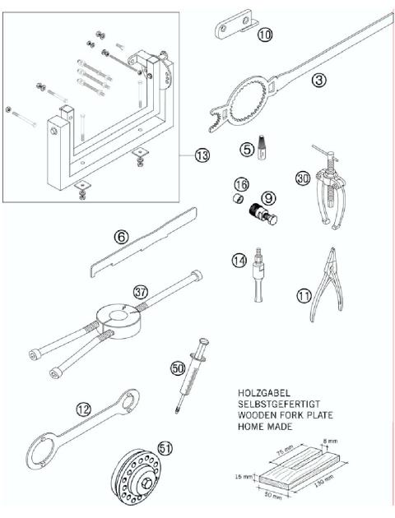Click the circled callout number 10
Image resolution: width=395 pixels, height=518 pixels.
263,35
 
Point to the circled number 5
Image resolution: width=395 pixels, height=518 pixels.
245,150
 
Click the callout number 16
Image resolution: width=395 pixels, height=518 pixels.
242,184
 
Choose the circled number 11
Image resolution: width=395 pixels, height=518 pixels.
307,291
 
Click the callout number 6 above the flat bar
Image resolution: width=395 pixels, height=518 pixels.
120,238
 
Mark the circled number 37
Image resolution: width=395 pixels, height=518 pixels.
141,292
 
